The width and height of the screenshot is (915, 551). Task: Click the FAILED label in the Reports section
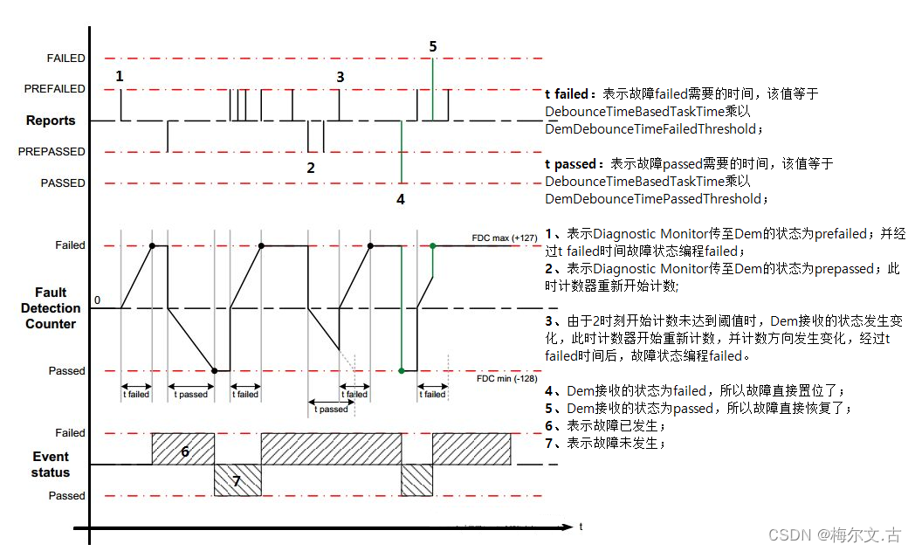point(66,59)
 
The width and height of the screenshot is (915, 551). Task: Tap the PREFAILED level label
point(55,89)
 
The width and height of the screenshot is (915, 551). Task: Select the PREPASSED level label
point(53,152)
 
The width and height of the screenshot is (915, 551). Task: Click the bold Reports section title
point(51,121)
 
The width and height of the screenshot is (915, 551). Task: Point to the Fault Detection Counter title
point(51,308)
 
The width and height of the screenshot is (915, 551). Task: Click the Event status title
point(51,465)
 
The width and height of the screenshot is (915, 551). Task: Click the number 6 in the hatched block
point(185,451)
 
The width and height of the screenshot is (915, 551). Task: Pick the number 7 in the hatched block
point(236,481)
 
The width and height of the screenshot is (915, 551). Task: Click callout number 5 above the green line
point(433,46)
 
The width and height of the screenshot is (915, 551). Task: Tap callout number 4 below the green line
point(401,199)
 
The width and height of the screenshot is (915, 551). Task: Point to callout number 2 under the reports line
point(311,168)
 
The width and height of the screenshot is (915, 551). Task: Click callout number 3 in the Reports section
point(341,77)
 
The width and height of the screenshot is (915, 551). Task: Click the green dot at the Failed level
point(433,246)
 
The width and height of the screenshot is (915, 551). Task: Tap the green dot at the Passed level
point(402,371)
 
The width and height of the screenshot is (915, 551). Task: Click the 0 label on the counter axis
point(97,300)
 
